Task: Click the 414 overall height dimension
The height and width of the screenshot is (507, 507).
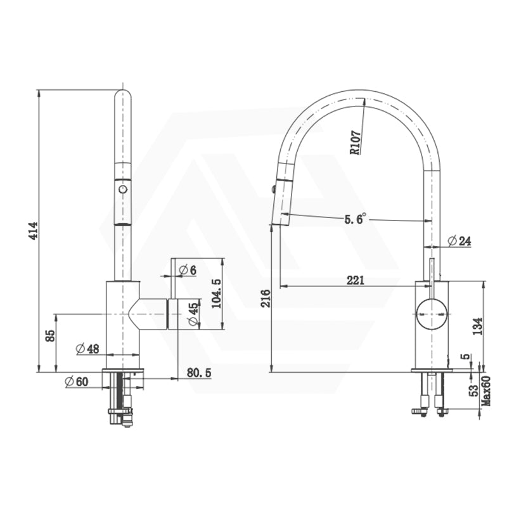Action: pos(34,231)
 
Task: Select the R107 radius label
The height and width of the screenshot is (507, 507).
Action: pos(356,143)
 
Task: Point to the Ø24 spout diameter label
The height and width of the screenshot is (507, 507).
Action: pos(459,241)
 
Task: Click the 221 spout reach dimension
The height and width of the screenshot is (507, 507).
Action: pos(356,280)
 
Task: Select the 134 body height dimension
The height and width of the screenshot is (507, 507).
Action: pos(478,326)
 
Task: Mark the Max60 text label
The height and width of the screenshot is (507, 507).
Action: pos(486,390)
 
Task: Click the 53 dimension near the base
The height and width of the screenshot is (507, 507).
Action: pos(474,390)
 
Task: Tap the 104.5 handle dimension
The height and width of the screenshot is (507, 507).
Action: pos(217,293)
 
